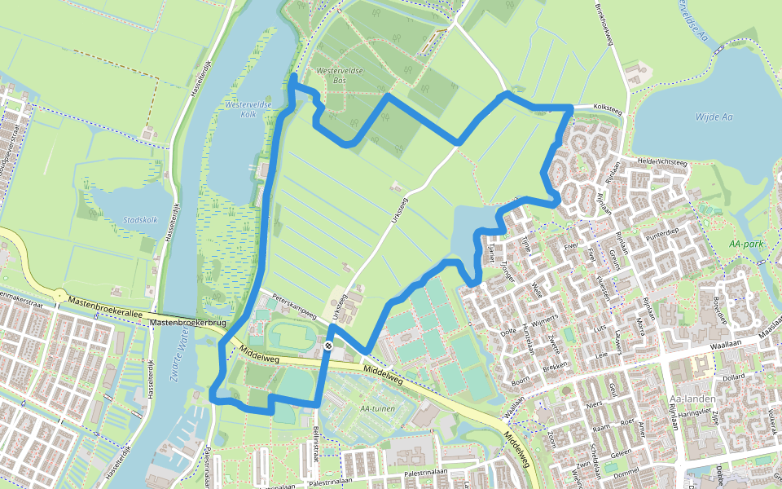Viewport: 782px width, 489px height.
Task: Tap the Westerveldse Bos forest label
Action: tap(340, 77)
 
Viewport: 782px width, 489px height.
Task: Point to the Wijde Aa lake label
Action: tap(714, 117)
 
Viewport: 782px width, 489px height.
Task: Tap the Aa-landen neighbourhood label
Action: tap(685, 399)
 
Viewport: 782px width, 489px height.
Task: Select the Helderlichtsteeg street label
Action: tap(664, 162)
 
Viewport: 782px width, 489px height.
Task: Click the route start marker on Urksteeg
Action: tap(329, 346)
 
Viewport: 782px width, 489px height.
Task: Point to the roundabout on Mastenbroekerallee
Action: tap(60, 295)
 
